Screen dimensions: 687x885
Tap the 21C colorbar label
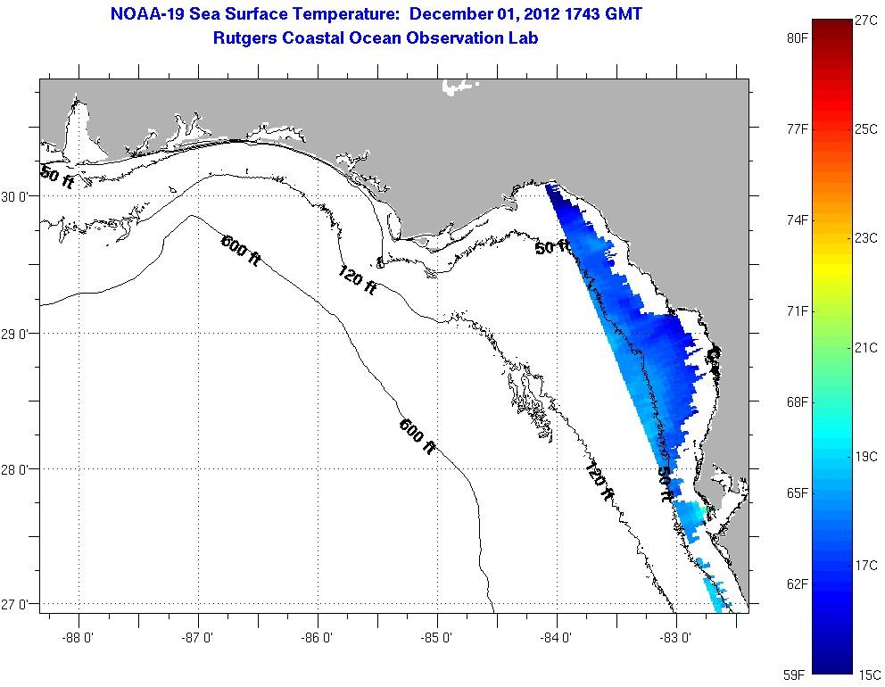(x=867, y=347)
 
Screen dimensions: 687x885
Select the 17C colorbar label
(x=867, y=566)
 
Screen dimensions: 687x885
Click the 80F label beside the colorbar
(x=797, y=38)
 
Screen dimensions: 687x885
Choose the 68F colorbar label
(x=797, y=402)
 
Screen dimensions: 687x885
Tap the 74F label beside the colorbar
(x=797, y=220)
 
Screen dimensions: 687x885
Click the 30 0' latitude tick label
(x=20, y=196)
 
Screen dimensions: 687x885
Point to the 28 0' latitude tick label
(x=20, y=469)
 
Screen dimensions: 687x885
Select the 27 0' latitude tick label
(x=20, y=605)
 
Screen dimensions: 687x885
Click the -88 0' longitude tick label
(x=79, y=638)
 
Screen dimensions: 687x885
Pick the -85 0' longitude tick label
(x=438, y=638)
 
